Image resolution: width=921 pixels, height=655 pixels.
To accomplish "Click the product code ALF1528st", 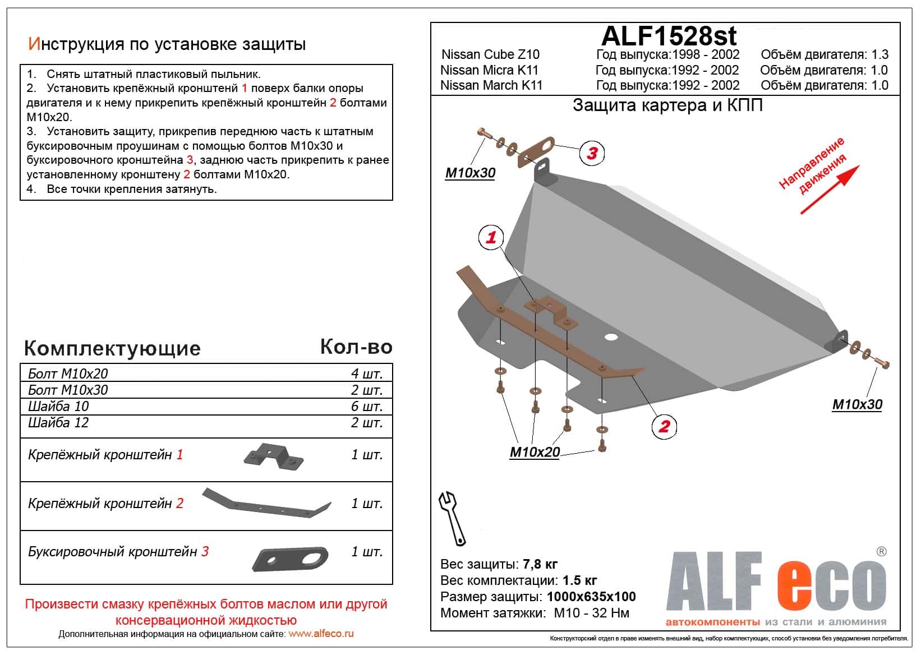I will pyautogui.click(x=669, y=36).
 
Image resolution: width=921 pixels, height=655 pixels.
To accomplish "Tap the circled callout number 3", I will pyautogui.click(x=592, y=153).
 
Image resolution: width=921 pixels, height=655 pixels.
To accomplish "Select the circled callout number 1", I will pyautogui.click(x=491, y=237).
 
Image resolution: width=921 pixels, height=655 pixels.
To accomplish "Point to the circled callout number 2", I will pyautogui.click(x=664, y=426).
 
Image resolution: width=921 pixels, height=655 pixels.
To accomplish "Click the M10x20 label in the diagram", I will pyautogui.click(x=535, y=452).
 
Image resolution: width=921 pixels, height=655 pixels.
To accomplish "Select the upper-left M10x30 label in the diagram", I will pyautogui.click(x=470, y=173).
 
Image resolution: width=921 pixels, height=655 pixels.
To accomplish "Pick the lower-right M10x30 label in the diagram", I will pyautogui.click(x=857, y=404).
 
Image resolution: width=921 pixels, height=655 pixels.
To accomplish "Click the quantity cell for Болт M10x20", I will pyautogui.click(x=367, y=373).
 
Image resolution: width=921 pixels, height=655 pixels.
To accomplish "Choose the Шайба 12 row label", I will pyautogui.click(x=59, y=422).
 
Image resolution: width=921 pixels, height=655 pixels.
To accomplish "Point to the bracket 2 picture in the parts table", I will pyautogui.click(x=266, y=503).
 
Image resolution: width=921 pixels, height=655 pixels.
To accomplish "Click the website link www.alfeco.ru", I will pyautogui.click(x=321, y=634).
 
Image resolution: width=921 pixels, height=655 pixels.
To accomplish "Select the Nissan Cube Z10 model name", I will pyautogui.click(x=490, y=54).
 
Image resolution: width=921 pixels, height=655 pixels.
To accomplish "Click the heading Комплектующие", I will pyautogui.click(x=112, y=348).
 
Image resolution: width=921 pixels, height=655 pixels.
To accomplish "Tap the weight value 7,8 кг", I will pyautogui.click(x=540, y=564).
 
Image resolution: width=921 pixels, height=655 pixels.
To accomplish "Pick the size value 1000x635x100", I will pyautogui.click(x=591, y=597).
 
